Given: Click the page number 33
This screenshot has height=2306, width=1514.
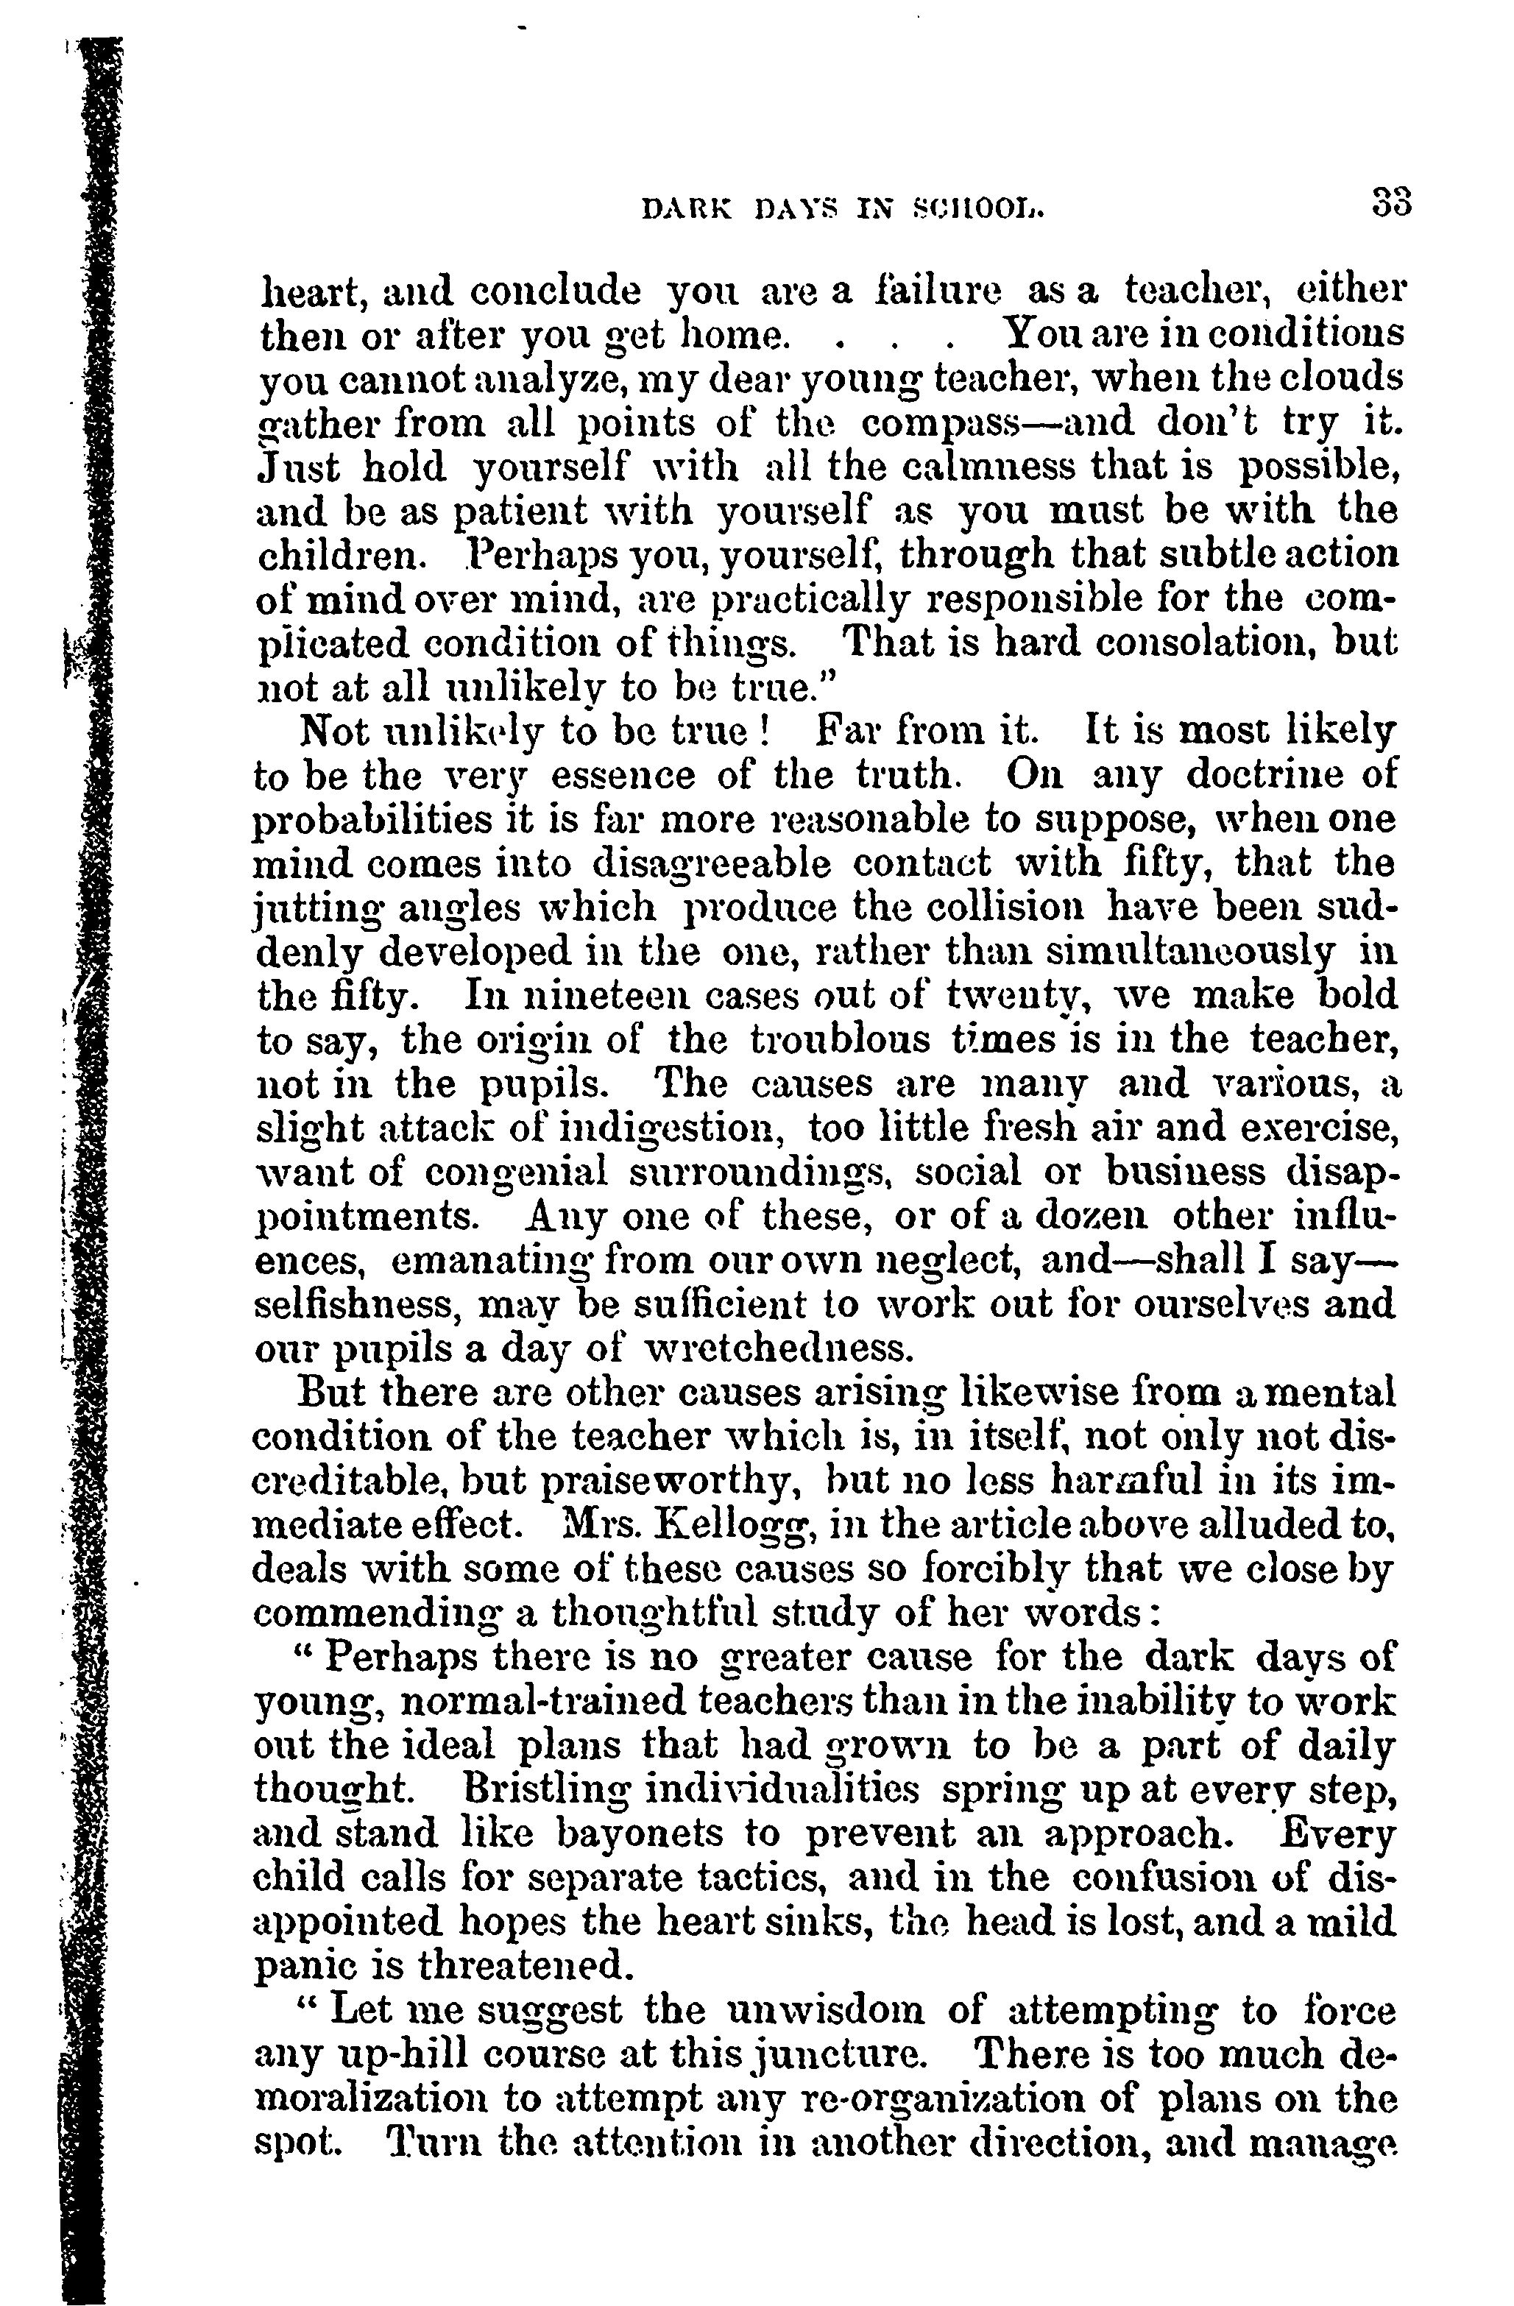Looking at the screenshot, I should click(x=1390, y=205).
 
